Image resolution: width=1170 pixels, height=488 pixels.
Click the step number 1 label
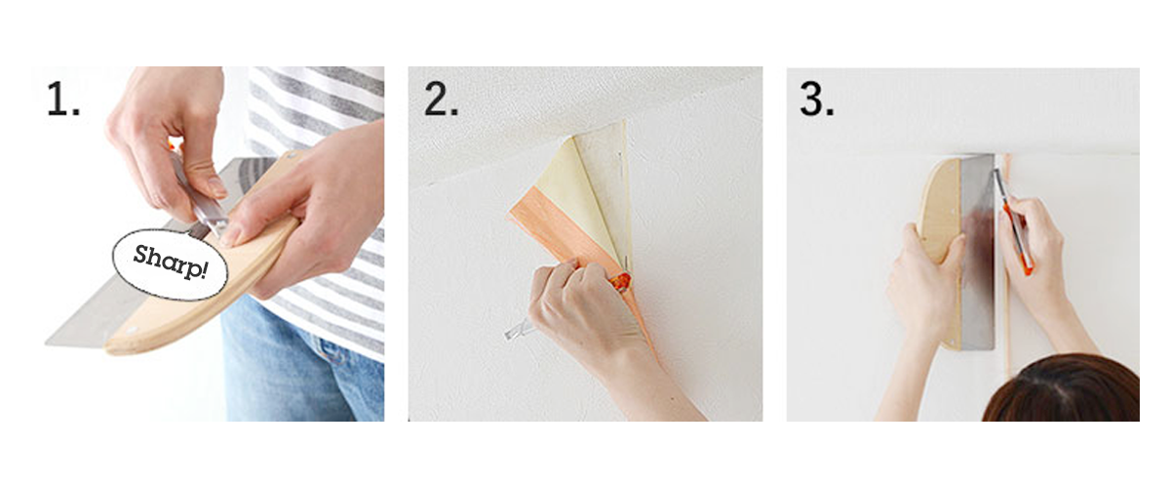63,100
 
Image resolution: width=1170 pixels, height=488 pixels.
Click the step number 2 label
441,100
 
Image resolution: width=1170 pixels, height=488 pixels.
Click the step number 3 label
817,100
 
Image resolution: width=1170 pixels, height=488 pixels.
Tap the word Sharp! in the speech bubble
171,262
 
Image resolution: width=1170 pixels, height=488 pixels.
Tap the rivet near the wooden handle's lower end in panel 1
131,331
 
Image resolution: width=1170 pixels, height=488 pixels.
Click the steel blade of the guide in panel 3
978,251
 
